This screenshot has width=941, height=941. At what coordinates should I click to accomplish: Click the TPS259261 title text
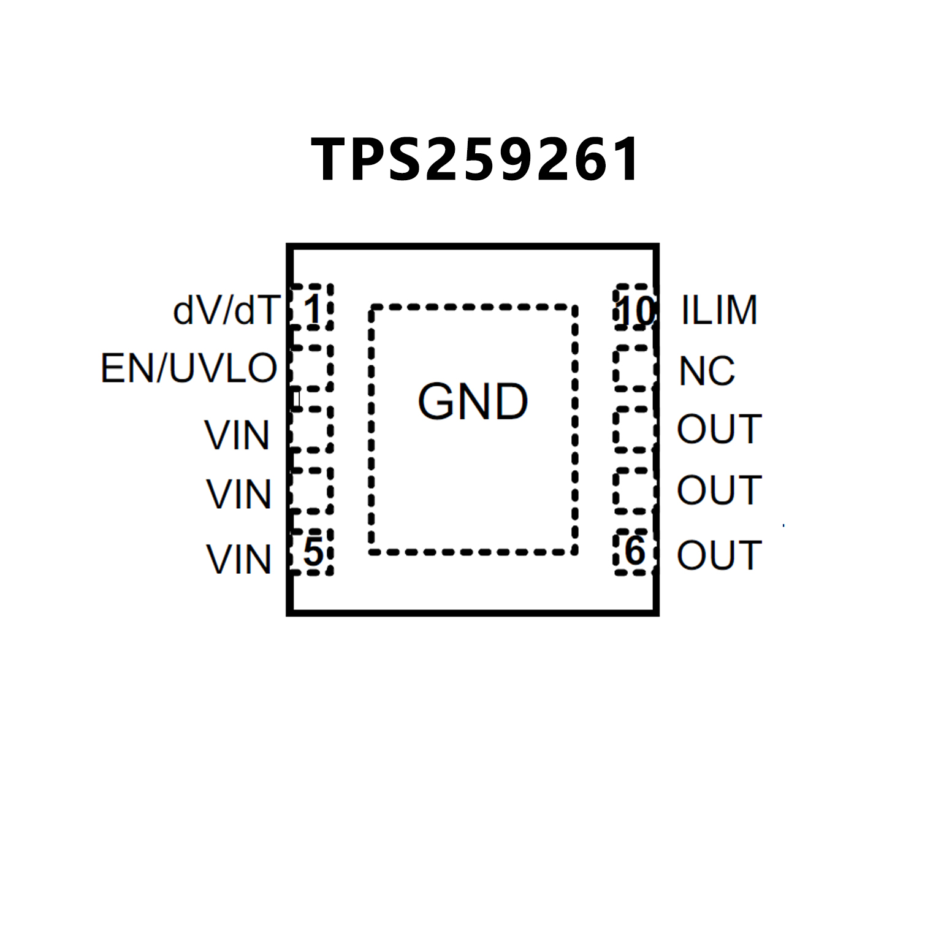coord(475,159)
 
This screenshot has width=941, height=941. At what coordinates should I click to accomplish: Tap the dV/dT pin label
coord(226,310)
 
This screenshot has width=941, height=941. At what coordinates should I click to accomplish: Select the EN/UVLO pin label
coord(189,368)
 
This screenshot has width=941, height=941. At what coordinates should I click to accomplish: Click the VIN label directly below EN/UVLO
coord(237,435)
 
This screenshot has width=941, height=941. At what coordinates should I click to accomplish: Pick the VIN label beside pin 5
coord(238,559)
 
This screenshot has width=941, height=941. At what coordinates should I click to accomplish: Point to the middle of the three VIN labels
coord(238,494)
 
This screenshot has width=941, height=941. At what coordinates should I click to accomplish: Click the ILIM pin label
coord(719,310)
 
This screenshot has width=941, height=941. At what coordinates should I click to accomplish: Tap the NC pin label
coord(707,371)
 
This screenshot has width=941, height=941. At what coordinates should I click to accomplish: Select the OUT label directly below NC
coord(719,429)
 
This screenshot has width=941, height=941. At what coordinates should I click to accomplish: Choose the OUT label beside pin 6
coord(719,555)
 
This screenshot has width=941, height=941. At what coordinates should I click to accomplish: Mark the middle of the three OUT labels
coord(719,490)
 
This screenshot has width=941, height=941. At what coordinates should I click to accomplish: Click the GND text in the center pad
coord(473,402)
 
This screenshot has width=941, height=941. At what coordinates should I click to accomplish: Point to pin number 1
coord(313,310)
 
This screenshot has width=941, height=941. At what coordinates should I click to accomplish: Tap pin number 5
coord(313,552)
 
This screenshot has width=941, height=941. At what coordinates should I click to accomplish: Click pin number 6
coord(634,551)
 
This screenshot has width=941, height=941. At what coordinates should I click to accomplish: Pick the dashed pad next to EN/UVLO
coord(311,368)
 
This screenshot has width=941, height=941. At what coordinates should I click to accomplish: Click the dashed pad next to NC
coord(633,368)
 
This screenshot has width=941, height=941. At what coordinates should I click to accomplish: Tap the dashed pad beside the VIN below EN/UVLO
coord(311,429)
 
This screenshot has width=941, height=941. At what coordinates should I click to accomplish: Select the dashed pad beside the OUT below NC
coord(633,429)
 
